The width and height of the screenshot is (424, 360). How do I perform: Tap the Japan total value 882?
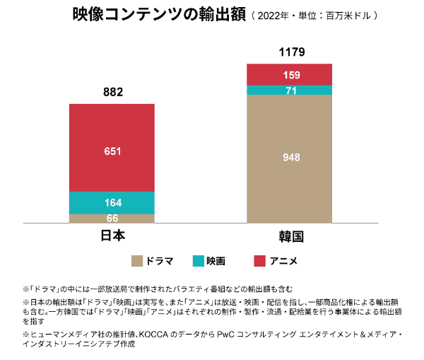pos(113,92)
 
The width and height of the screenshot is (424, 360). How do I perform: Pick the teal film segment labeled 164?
pos(112,202)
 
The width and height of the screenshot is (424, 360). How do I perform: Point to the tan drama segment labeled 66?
pos(112,218)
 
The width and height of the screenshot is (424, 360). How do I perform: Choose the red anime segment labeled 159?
pos(289,74)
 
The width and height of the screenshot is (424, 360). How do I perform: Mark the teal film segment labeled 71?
pos(289,90)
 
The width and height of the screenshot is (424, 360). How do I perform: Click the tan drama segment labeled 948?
pos(289,158)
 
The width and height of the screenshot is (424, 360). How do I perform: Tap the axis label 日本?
pos(112,236)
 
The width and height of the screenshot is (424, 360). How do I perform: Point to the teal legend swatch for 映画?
pos(199,261)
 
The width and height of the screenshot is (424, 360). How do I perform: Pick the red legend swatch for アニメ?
pos(260,261)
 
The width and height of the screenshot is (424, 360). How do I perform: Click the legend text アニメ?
pos(283,261)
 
